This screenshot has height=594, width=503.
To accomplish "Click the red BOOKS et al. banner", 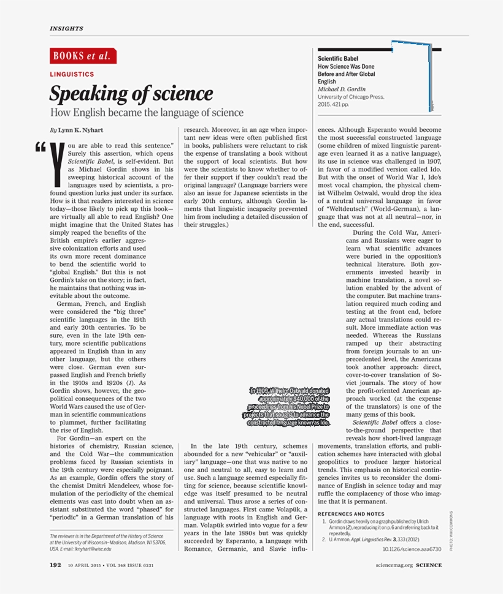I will click(x=83, y=56).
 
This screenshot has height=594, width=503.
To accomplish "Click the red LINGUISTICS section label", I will click(x=72, y=74).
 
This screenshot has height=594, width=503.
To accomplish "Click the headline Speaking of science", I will click(x=131, y=94).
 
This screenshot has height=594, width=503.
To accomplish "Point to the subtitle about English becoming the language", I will click(x=147, y=113).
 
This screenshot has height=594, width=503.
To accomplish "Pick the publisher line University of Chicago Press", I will click(x=351, y=97).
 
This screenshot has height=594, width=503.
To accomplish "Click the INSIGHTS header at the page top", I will click(x=66, y=28).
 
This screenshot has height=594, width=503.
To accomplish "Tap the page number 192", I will click(x=55, y=565).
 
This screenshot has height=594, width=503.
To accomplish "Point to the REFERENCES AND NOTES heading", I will click(x=351, y=514).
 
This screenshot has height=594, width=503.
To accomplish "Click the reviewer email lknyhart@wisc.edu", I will click(x=91, y=549).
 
